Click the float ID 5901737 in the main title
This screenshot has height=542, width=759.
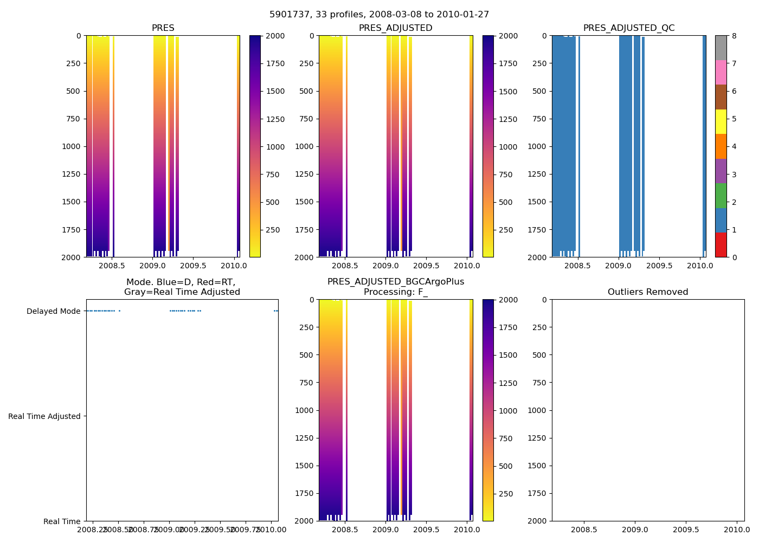(288, 15)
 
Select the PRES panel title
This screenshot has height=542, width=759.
(163, 28)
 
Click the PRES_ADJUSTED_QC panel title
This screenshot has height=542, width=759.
(629, 28)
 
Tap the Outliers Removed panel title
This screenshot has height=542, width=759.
(648, 292)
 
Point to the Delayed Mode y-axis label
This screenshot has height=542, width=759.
(53, 311)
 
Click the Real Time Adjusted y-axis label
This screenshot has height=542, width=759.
(44, 416)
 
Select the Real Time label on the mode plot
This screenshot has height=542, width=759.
(62, 521)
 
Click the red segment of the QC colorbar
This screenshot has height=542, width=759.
(721, 244)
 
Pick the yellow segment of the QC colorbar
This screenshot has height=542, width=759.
(721, 121)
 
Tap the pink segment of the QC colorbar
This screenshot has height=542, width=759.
(721, 72)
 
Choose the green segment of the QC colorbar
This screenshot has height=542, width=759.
(721, 195)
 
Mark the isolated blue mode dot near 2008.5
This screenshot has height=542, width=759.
(119, 311)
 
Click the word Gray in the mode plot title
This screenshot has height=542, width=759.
(134, 292)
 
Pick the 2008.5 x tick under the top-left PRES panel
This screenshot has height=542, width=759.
(112, 266)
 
